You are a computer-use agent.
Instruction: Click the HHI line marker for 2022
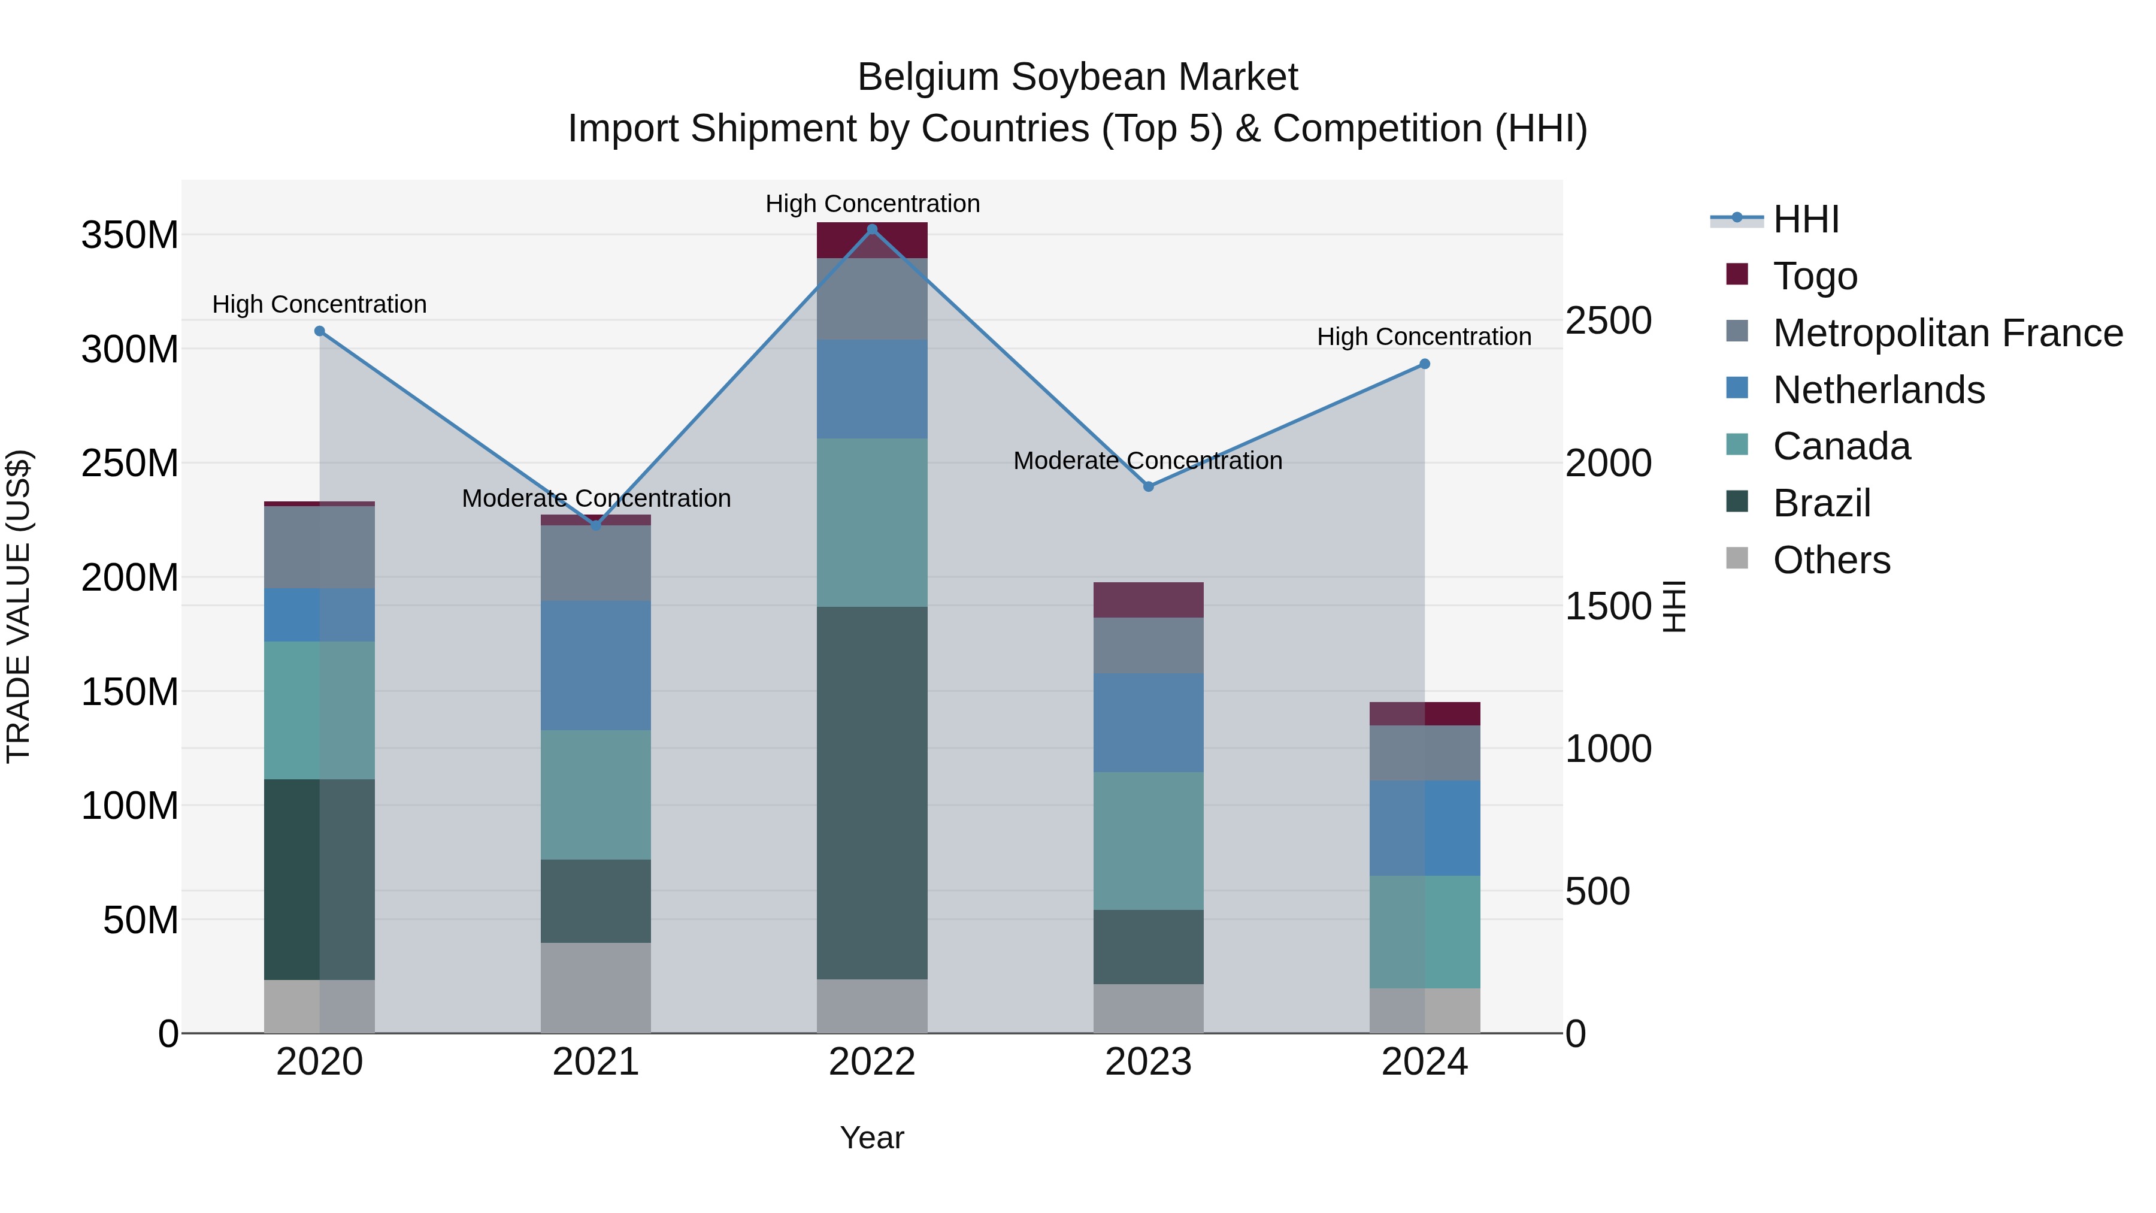coord(872,229)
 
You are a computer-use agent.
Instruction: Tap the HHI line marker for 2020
coord(320,331)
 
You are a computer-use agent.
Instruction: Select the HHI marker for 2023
coord(1148,486)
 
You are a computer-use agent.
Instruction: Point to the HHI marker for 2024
coord(1425,364)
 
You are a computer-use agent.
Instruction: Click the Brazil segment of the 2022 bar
coord(872,792)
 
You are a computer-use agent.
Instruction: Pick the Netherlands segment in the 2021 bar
coord(596,666)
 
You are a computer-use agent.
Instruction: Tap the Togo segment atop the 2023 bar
coord(1148,600)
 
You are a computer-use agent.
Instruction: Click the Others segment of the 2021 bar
coord(596,988)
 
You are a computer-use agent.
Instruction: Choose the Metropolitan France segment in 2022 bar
coord(872,299)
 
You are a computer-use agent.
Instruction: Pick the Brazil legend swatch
coord(1737,503)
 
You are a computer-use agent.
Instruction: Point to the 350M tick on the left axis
coord(130,235)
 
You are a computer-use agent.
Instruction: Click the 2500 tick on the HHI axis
coord(1609,320)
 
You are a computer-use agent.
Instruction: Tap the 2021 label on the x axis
coord(596,1062)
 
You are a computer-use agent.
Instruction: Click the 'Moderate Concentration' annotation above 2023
coord(1147,461)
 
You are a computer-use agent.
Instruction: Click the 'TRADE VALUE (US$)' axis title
coord(19,606)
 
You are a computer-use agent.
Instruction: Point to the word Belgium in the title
coord(928,77)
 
